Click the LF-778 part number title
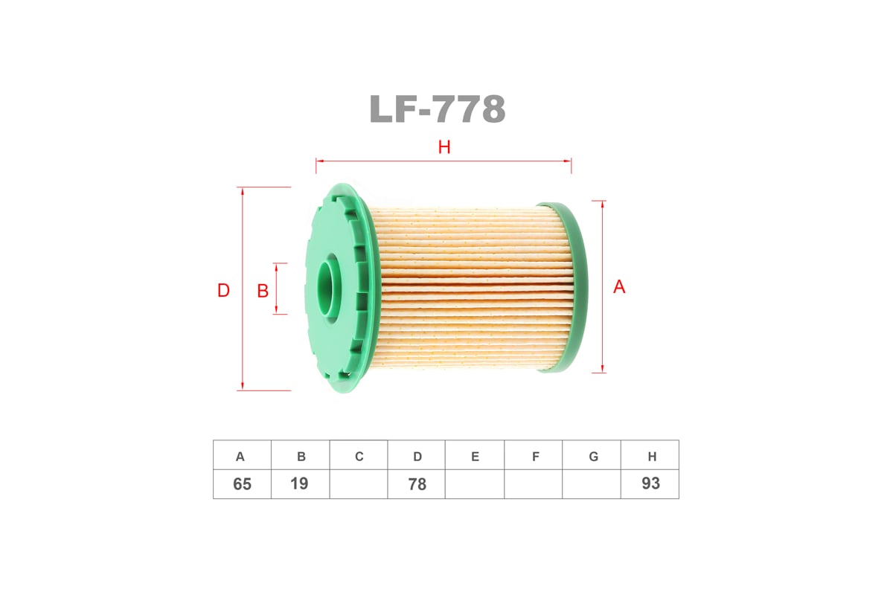(438, 109)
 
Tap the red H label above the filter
(444, 147)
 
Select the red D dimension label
(223, 291)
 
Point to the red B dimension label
(263, 291)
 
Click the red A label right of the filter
(619, 287)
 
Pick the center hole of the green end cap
(328, 286)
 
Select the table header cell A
(242, 455)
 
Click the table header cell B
(300, 455)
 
